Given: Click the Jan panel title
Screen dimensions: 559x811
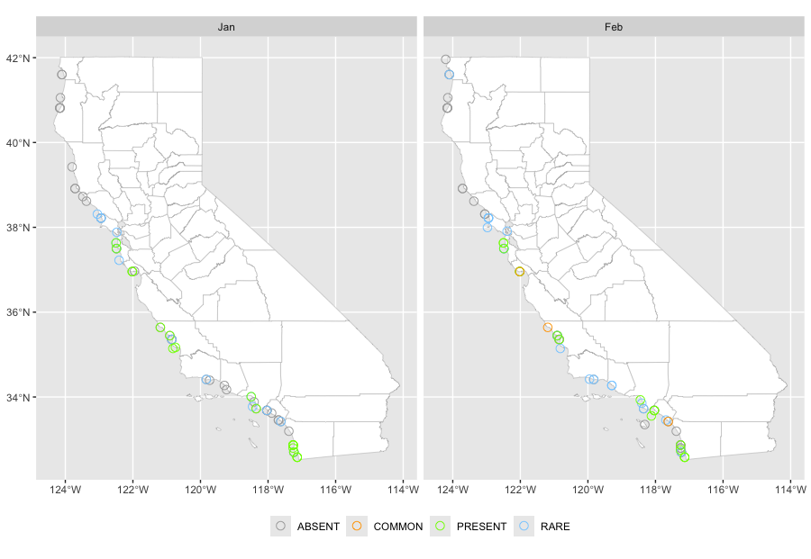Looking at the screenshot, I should pyautogui.click(x=226, y=27).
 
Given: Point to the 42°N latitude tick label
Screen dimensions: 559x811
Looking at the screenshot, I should pyautogui.click(x=17, y=59).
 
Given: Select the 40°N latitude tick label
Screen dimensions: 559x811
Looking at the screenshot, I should pyautogui.click(x=17, y=143).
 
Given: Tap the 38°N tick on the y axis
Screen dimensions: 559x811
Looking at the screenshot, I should pyautogui.click(x=17, y=228).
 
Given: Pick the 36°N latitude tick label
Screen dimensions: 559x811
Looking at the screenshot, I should pyautogui.click(x=17, y=312).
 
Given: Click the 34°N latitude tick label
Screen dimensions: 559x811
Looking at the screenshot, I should pyautogui.click(x=17, y=397).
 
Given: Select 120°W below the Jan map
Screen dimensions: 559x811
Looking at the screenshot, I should pyautogui.click(x=200, y=491).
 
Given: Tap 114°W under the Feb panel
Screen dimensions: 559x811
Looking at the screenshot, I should pyautogui.click(x=790, y=491).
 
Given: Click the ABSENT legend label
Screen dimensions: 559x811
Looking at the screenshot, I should pyautogui.click(x=318, y=527).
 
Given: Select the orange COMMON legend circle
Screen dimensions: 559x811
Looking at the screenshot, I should pyautogui.click(x=358, y=527).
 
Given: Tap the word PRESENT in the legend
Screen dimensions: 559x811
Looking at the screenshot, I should pyautogui.click(x=481, y=527).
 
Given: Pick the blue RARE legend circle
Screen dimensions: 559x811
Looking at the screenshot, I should pyautogui.click(x=525, y=527).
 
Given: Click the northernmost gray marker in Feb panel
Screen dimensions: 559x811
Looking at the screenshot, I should pyautogui.click(x=445, y=59).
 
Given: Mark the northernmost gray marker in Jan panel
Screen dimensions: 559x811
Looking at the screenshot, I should pyautogui.click(x=61, y=75).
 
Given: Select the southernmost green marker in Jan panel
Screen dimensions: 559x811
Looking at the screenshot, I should pyautogui.click(x=297, y=458).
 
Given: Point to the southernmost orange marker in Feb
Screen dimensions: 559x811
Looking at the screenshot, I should pyautogui.click(x=668, y=421).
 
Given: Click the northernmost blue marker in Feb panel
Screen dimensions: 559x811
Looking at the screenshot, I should pyautogui.click(x=449, y=75).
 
